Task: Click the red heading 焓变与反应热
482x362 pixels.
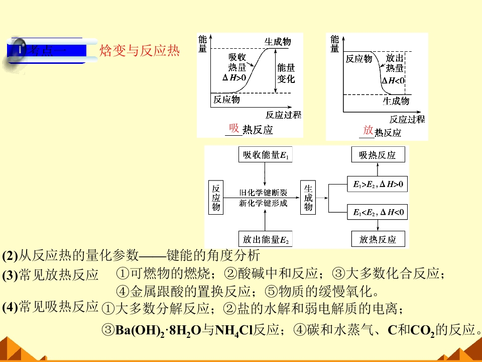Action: coord(139,50)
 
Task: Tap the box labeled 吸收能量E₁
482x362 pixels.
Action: coord(265,154)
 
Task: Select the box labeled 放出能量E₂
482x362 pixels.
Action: coord(265,239)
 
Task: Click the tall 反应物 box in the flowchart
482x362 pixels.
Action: coord(216,197)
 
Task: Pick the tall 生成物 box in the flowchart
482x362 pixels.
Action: coord(308,197)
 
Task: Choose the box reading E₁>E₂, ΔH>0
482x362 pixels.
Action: coord(377,184)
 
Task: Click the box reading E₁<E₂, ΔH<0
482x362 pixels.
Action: coord(377,212)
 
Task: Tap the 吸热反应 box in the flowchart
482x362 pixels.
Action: coord(378,154)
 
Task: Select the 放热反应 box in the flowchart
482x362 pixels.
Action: coord(378,239)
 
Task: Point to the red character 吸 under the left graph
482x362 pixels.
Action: coord(234,128)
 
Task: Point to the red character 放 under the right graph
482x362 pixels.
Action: coord(368,130)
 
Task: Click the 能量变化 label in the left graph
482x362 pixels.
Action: coord(286,73)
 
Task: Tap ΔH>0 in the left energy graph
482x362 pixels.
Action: coord(234,77)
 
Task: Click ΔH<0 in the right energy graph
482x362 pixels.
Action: coord(393,80)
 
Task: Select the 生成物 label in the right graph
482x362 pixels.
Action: coord(396,101)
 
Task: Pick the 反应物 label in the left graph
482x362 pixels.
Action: coord(226,100)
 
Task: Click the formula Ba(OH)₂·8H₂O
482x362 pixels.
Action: coord(158,331)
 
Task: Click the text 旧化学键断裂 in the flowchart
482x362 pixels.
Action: coord(263,193)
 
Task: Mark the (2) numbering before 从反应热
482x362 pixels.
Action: coord(10,256)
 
